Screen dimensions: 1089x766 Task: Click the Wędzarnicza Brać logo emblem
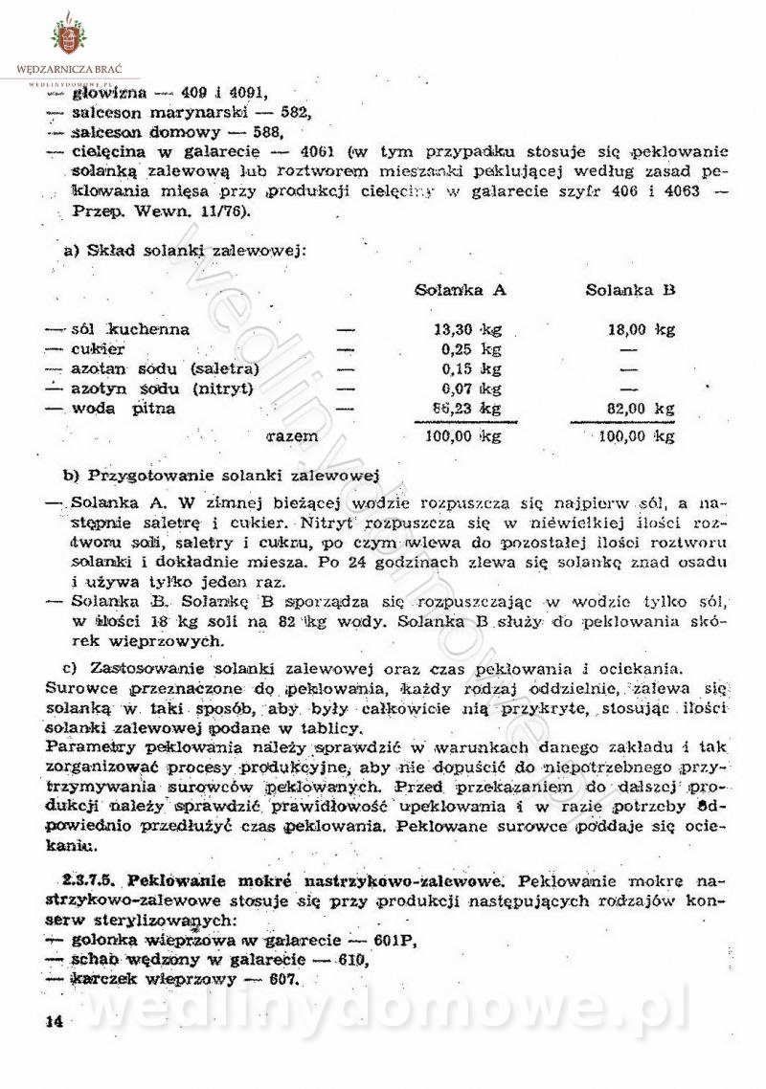(68, 35)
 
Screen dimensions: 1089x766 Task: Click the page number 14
(54, 1023)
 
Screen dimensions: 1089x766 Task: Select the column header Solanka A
(461, 290)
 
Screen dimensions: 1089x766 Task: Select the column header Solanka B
(631, 290)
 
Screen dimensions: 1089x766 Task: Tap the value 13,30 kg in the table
(463, 330)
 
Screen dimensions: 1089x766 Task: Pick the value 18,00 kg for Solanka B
(641, 330)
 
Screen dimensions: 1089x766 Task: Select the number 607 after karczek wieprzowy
(282, 979)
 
